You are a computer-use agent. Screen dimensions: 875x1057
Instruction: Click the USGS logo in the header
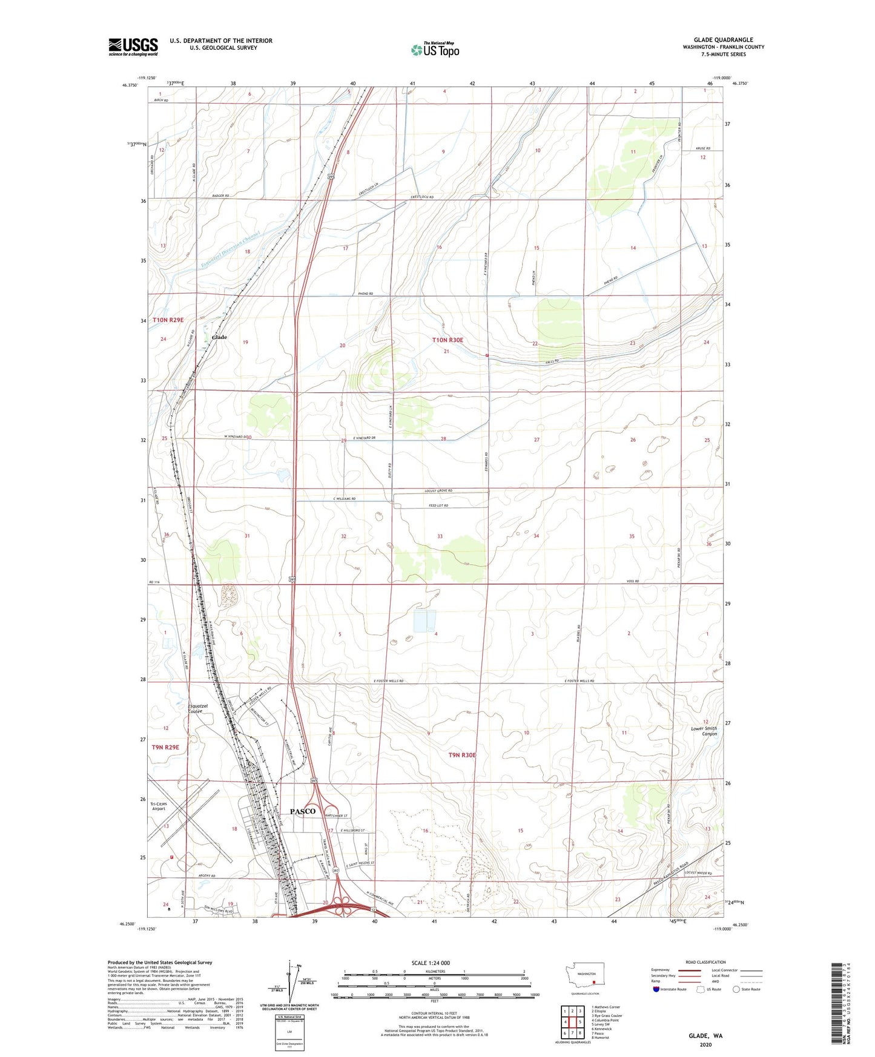pyautogui.click(x=133, y=46)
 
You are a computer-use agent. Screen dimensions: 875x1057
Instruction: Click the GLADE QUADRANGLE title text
pyautogui.click(x=723, y=40)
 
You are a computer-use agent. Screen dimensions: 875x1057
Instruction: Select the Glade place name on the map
pyautogui.click(x=219, y=337)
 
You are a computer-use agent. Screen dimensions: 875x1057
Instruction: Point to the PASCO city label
pyautogui.click(x=302, y=811)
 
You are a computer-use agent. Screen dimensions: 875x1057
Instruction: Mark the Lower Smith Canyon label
pyautogui.click(x=704, y=731)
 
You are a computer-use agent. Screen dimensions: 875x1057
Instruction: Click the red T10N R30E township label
pyautogui.click(x=447, y=340)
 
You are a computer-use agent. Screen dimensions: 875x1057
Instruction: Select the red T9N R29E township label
pyautogui.click(x=165, y=747)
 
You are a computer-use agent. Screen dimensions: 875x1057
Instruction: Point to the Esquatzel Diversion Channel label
pyautogui.click(x=230, y=249)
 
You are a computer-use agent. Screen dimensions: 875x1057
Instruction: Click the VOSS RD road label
pyautogui.click(x=632, y=581)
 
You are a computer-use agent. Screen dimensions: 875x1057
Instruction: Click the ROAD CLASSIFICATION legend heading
pyautogui.click(x=705, y=962)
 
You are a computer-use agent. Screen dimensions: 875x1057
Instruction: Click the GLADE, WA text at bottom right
pyautogui.click(x=705, y=1035)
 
